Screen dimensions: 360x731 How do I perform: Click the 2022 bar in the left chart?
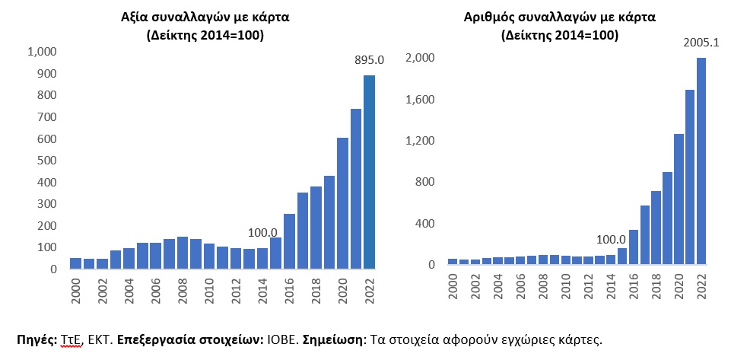369,172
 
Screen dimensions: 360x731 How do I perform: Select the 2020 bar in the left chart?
342,203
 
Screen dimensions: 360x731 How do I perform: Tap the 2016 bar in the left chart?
289,241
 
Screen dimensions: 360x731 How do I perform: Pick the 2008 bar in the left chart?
183,253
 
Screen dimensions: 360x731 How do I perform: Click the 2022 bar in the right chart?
701,161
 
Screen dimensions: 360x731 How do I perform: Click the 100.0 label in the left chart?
262,232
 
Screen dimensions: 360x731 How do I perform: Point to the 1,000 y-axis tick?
42,52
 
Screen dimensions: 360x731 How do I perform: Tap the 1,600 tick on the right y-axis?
419,100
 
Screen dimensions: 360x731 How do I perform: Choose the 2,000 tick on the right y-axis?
419,59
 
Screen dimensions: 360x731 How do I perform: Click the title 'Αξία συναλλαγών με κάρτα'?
205,17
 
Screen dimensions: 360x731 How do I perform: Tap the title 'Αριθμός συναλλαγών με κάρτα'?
559,17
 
